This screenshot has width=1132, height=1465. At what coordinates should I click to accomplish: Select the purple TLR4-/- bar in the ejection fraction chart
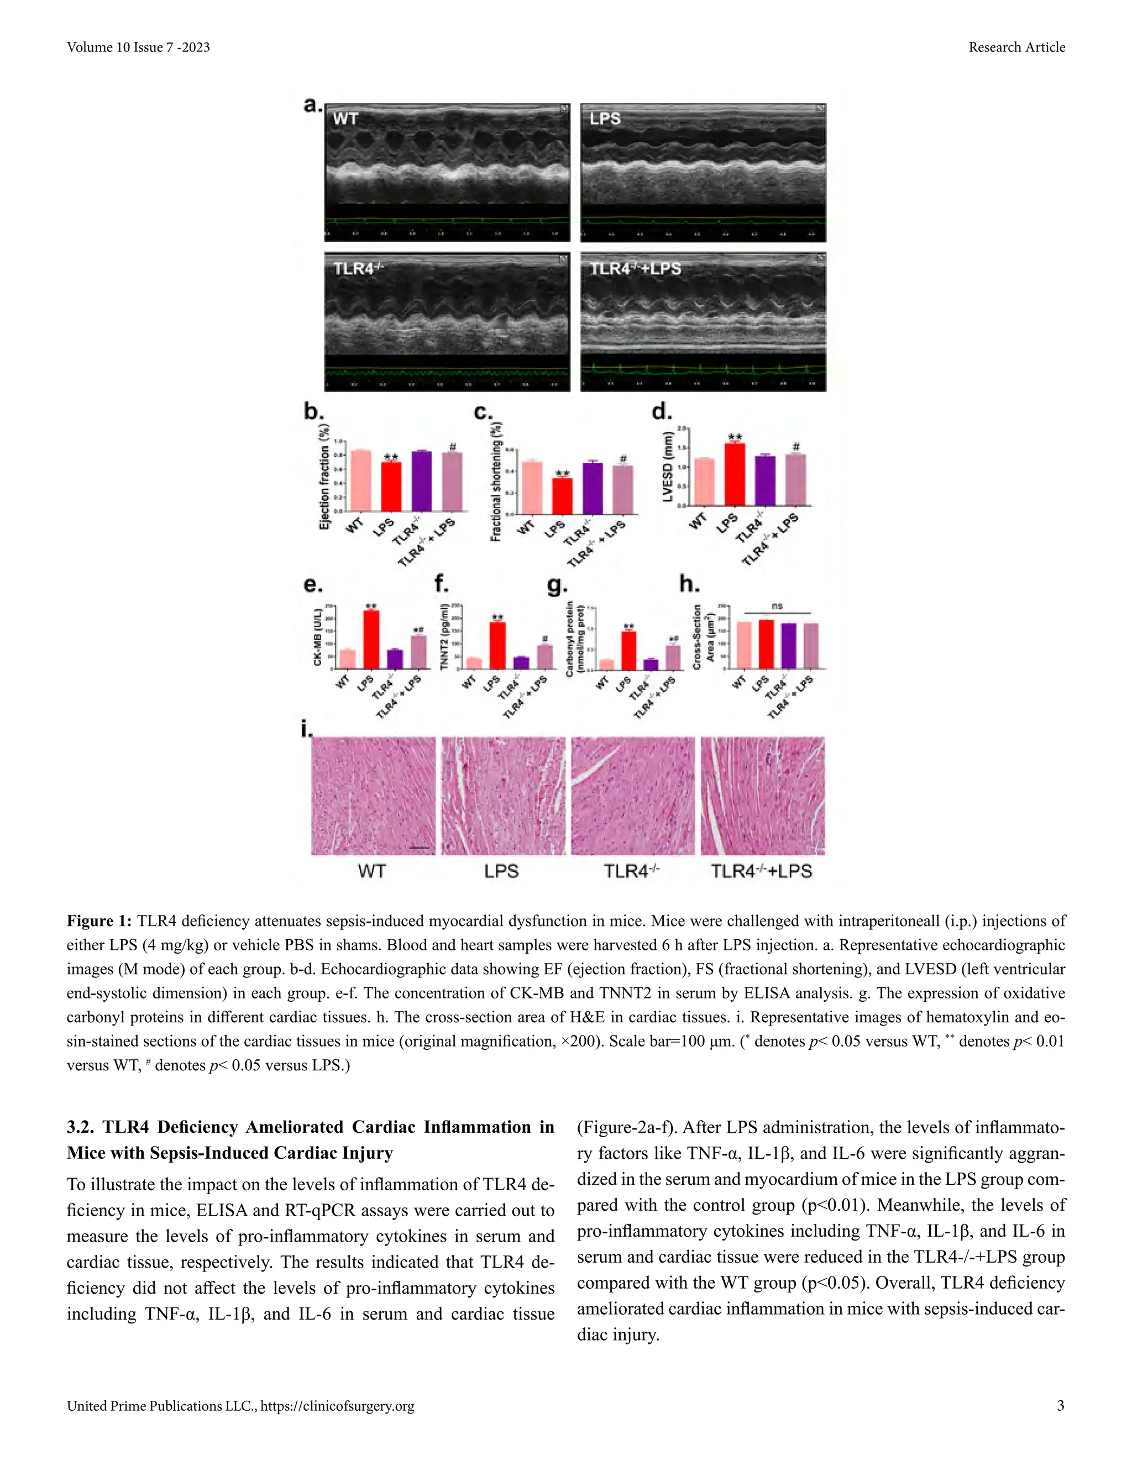(x=422, y=481)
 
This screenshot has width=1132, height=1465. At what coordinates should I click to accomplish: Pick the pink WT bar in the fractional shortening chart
(x=532, y=488)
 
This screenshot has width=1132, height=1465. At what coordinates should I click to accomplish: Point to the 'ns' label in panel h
(x=777, y=606)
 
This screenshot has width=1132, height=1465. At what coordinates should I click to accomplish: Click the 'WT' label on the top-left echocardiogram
(x=345, y=119)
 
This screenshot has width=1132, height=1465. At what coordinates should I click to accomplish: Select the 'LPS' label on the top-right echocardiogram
(x=605, y=119)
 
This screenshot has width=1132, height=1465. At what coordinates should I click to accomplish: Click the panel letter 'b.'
(x=314, y=411)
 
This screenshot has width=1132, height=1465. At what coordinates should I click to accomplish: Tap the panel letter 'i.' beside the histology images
(x=306, y=729)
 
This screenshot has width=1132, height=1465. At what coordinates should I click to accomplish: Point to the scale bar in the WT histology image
(x=418, y=848)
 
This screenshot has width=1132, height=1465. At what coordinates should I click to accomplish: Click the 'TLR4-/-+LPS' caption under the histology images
(x=761, y=871)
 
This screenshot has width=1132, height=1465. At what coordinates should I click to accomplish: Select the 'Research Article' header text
(x=1016, y=47)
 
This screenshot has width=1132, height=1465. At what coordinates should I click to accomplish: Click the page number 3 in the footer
(x=1060, y=1406)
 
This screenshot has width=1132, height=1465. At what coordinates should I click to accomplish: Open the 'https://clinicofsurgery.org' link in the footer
(x=337, y=1406)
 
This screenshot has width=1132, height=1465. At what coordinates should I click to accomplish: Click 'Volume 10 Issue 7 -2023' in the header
(x=138, y=47)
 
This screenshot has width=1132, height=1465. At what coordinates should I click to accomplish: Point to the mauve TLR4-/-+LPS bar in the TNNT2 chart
(x=545, y=657)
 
